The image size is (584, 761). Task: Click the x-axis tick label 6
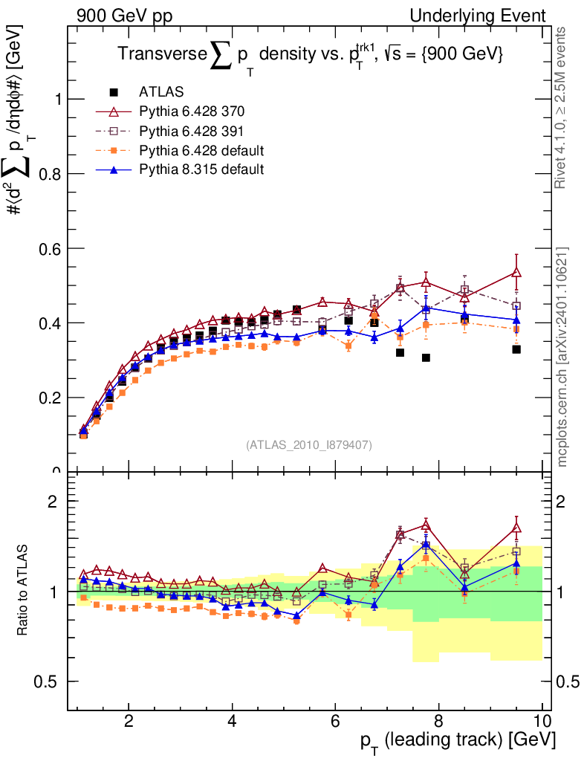335,720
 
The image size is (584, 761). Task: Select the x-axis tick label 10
542,720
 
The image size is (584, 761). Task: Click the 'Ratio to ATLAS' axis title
24,591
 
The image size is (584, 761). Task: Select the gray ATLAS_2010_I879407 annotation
309,444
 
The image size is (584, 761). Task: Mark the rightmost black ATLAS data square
516,349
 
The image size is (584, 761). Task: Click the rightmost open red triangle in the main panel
516,273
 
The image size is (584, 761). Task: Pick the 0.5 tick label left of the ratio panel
51,681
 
